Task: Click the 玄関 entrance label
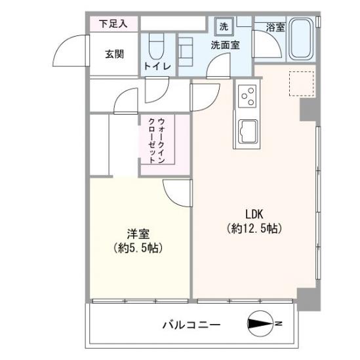113,54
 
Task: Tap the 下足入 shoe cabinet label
113,24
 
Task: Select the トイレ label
157,67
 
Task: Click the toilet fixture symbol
156,46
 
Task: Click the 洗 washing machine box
223,27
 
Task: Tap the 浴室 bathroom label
275,27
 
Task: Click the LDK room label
254,214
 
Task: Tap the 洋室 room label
137,233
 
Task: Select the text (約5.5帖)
137,249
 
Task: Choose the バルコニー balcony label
191,325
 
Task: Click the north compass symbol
262,323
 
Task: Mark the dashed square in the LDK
302,84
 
